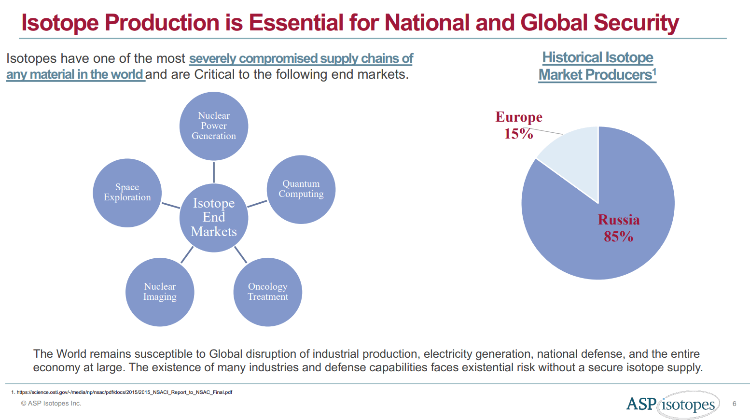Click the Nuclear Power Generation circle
point(214,126)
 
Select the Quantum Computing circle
point(301,189)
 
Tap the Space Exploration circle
point(127,193)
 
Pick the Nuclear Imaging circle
point(160,292)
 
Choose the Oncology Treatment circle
point(268,292)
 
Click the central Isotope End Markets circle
point(214,218)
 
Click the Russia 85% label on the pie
point(618,228)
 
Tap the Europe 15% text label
point(519,125)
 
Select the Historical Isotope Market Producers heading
point(597,66)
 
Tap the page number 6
point(734,404)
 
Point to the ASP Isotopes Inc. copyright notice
point(51,404)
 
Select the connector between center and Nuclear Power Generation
point(214,172)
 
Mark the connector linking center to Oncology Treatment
point(240,254)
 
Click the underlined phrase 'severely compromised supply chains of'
point(301,58)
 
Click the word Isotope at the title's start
point(60,23)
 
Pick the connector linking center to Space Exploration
point(170,205)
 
